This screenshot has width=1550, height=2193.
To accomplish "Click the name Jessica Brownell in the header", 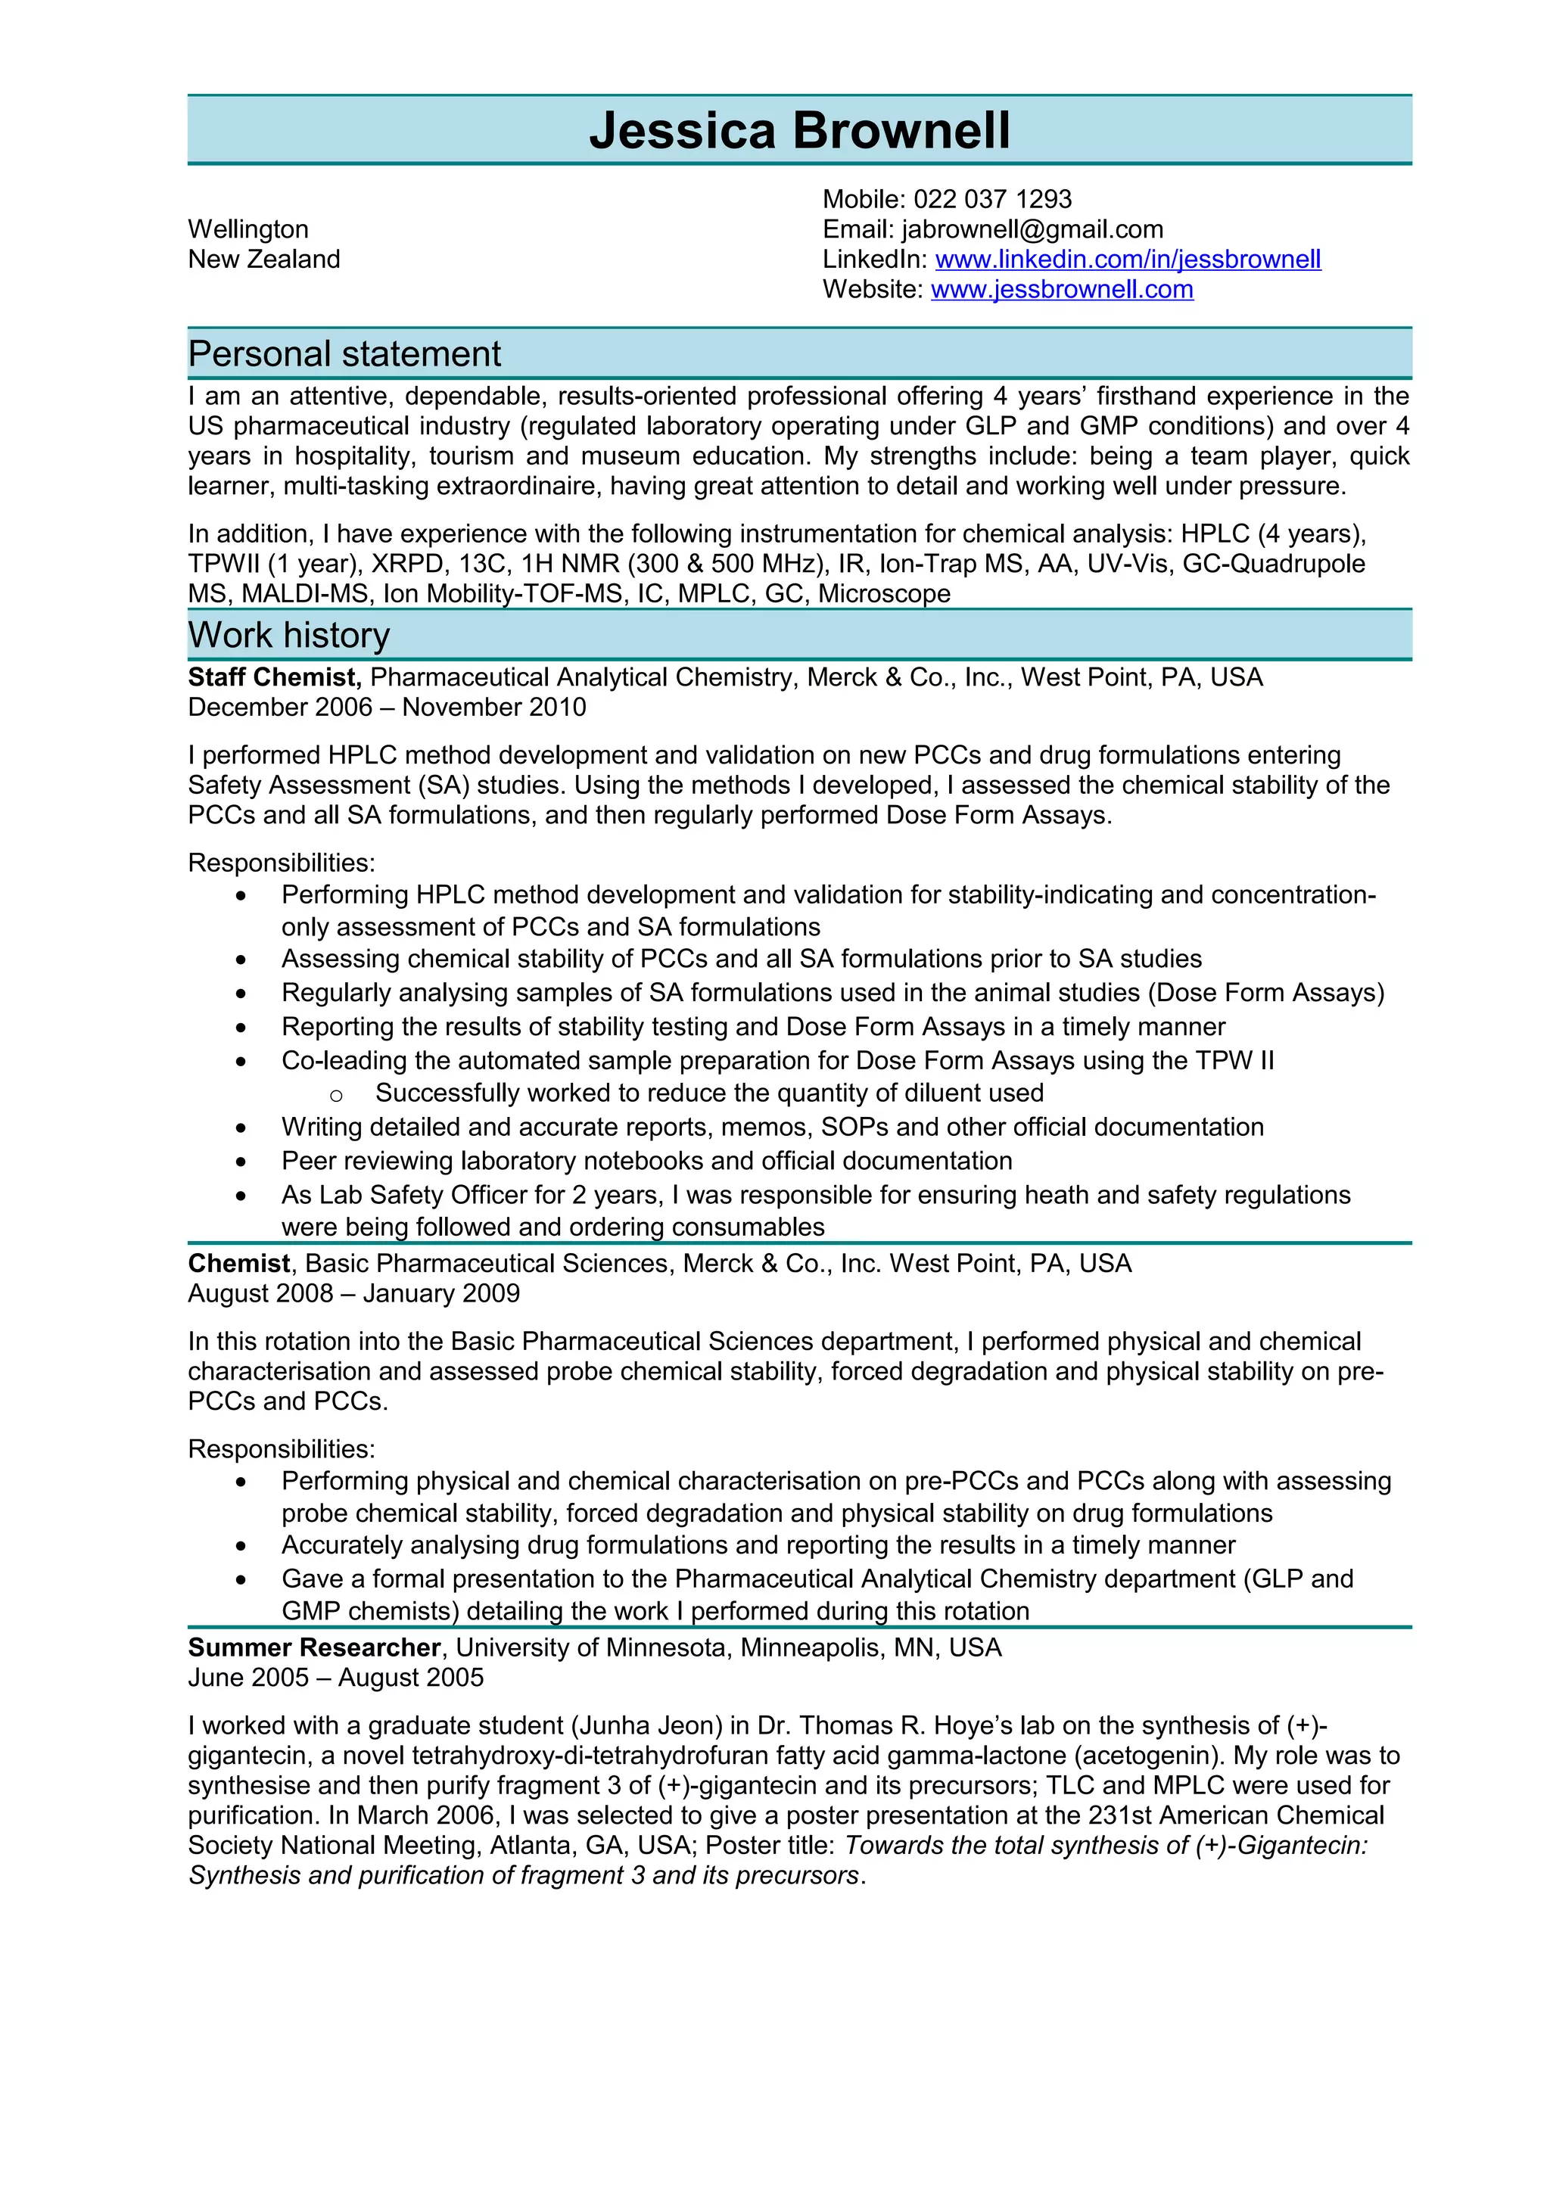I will pyautogui.click(x=799, y=131).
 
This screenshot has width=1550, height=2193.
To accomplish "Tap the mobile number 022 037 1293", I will pyautogui.click(x=992, y=200).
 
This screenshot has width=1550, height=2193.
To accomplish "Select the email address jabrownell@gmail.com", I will pyautogui.click(x=1032, y=229).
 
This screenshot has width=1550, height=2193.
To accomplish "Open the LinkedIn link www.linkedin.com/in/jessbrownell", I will pyautogui.click(x=1127, y=260).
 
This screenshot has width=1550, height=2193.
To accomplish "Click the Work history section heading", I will pyautogui.click(x=288, y=635).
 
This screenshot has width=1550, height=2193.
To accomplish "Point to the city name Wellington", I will pyautogui.click(x=248, y=229).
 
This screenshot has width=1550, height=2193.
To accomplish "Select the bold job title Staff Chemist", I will pyautogui.click(x=273, y=677).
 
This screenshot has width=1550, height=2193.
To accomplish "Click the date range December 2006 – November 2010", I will pyautogui.click(x=387, y=708).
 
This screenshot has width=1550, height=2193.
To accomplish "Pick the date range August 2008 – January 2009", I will pyautogui.click(x=353, y=1293).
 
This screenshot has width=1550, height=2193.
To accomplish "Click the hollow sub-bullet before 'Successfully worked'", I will pyautogui.click(x=335, y=1096).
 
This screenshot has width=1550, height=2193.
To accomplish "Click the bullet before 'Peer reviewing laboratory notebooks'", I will pyautogui.click(x=241, y=1162).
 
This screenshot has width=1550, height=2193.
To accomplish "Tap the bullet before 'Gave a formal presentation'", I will pyautogui.click(x=241, y=1581).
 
